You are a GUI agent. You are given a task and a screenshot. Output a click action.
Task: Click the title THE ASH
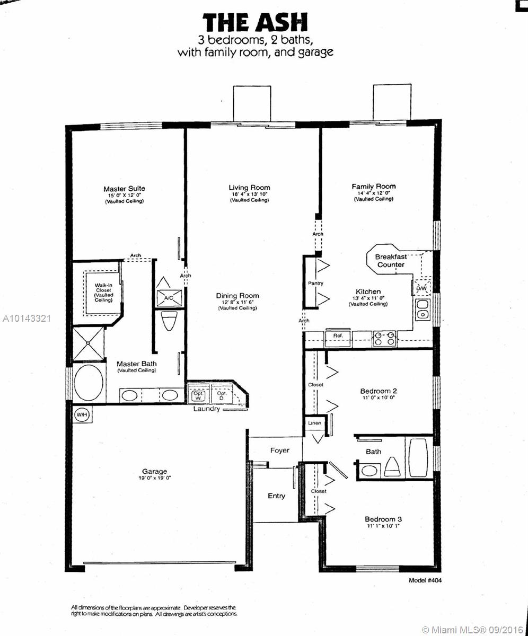255,23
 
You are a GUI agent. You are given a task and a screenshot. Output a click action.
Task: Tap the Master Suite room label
124,189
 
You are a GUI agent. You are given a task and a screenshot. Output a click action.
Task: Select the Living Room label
249,188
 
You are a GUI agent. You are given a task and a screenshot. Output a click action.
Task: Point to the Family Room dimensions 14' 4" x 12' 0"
374,193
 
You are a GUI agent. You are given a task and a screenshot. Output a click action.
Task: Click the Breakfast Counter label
391,261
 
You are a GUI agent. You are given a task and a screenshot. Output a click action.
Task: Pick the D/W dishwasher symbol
421,288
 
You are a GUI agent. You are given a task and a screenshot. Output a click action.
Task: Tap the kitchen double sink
423,309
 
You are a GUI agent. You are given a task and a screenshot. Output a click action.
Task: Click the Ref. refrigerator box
338,339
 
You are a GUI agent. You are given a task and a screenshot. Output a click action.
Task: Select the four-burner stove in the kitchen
384,339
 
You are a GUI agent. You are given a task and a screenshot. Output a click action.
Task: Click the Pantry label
315,283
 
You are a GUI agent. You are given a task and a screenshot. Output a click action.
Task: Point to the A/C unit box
169,298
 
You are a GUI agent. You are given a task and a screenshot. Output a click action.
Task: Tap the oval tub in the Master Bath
89,383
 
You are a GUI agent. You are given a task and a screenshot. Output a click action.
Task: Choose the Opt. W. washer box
198,395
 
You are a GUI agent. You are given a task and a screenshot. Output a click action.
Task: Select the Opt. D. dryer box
222,395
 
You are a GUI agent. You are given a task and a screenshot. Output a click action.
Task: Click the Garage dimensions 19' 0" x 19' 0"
154,478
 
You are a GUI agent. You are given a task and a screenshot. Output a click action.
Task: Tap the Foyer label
280,450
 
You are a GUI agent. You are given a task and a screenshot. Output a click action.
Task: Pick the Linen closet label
314,423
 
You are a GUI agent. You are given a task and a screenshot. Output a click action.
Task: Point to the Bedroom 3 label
383,519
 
